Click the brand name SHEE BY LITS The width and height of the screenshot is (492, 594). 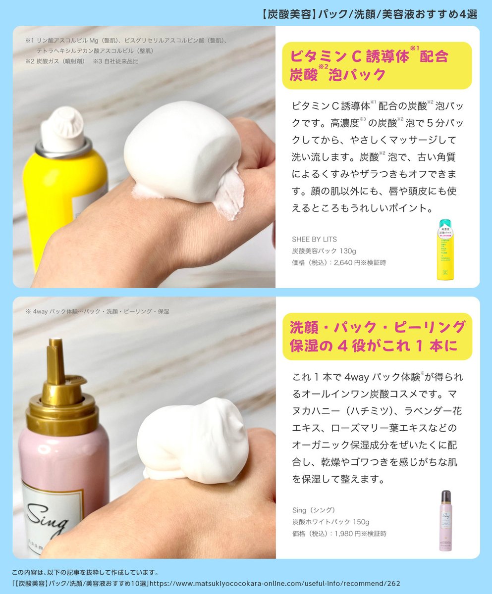314,240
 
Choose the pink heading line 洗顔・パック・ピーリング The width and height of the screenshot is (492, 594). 377,327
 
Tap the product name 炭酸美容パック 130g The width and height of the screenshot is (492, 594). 321,251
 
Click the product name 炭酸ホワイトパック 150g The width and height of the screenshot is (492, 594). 330,522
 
